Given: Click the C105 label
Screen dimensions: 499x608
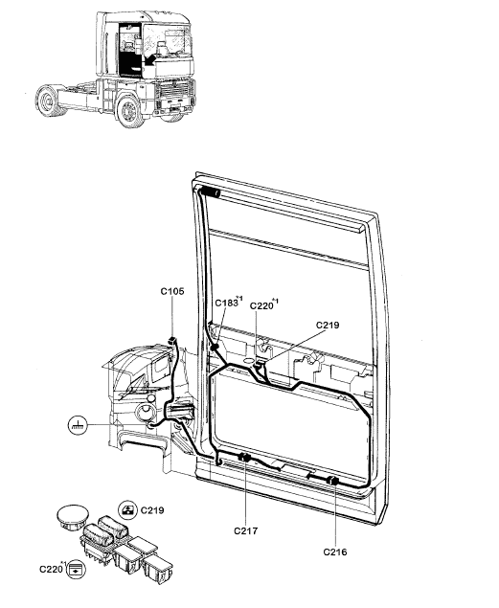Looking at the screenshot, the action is [x=172, y=291].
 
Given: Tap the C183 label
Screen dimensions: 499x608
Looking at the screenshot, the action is [x=226, y=303].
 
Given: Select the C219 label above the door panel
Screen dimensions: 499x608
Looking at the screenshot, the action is [x=328, y=325].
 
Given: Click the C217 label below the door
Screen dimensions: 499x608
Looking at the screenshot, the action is [x=245, y=530].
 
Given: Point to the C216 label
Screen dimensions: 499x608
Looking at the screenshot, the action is [x=335, y=552].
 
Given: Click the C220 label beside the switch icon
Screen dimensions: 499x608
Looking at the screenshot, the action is [x=51, y=569].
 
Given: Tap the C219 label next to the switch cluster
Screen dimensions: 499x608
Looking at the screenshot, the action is [x=152, y=510].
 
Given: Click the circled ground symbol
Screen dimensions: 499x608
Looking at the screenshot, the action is [x=78, y=425].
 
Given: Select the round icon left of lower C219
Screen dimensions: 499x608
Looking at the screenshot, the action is [x=128, y=510].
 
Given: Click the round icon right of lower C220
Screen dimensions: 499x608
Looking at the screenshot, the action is [x=76, y=570].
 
